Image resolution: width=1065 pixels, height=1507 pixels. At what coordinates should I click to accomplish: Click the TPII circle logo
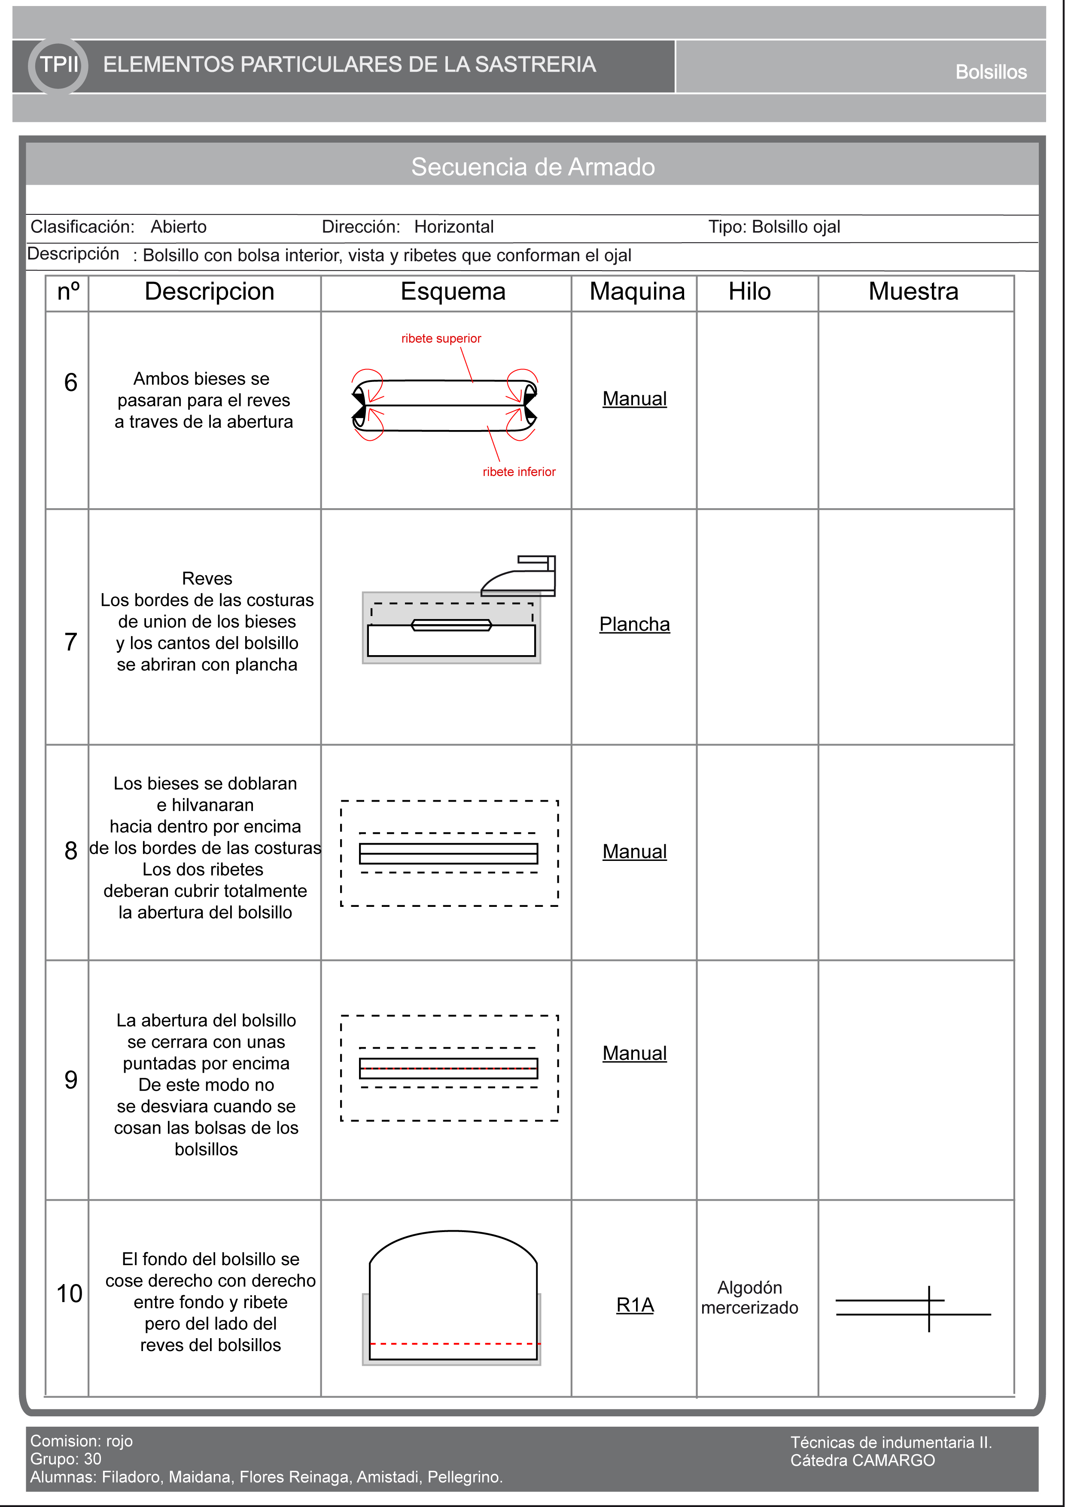coord(58,65)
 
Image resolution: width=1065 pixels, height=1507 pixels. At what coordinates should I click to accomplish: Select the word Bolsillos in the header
coord(990,72)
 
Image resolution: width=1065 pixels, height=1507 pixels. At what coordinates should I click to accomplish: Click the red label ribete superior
coord(441,339)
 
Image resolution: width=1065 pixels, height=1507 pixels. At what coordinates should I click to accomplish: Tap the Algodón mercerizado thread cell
coord(749,1298)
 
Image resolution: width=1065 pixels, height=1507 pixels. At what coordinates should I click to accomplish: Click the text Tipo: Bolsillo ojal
coord(774,227)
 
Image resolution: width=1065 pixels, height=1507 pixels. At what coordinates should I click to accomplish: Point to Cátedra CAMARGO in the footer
coord(862,1461)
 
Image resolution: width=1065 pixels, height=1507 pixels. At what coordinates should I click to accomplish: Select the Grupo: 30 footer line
coord(66,1459)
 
